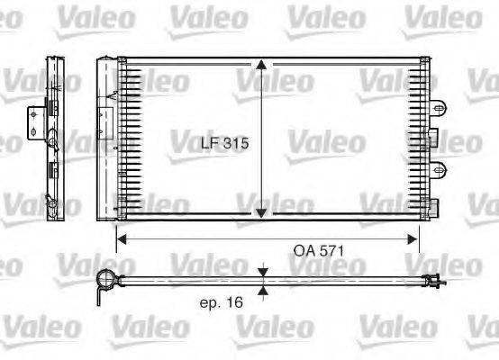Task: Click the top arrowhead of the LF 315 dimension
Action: coord(261,66)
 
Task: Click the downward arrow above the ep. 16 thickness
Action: coord(262,272)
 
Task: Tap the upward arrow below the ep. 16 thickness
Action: coord(262,290)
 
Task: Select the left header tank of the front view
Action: coord(106,139)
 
